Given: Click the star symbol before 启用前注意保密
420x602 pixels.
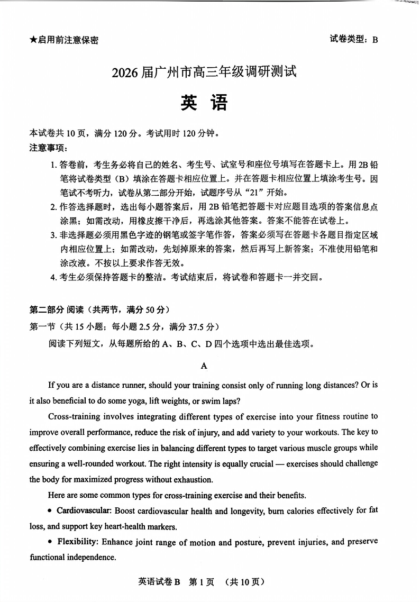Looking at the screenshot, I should click(33, 40).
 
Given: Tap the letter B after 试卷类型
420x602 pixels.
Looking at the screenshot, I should click(375, 40).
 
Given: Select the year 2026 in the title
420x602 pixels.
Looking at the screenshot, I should click(125, 72).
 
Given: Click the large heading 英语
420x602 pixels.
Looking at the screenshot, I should click(204, 103).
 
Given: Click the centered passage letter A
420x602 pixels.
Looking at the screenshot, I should click(204, 366).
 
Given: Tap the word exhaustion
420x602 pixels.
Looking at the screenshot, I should click(176, 480).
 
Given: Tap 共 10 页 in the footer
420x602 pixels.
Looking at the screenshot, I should click(244, 582).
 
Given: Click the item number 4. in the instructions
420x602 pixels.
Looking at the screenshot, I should click(53, 277).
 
